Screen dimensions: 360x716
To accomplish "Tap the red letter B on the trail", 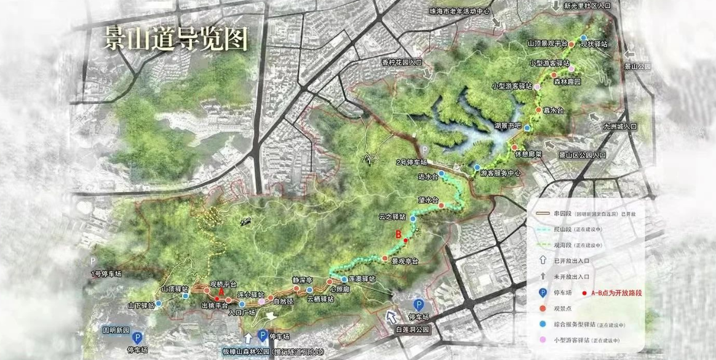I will pyautogui.click(x=398, y=234).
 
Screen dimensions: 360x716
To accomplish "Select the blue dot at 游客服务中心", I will pyautogui.click(x=477, y=167).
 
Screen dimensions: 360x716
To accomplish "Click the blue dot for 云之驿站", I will pyautogui.click(x=413, y=219).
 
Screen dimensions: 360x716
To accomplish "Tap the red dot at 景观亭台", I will pyautogui.click(x=385, y=257).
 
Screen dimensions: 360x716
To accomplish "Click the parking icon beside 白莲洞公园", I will pyautogui.click(x=419, y=305).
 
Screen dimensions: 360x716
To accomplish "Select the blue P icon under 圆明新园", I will pyautogui.click(x=137, y=337).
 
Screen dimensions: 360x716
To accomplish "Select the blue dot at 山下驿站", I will pyautogui.click(x=159, y=303).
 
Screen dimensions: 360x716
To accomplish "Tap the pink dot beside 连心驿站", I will pyautogui.click(x=262, y=302).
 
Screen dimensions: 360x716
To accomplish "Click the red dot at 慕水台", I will pyautogui.click(x=538, y=110).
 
